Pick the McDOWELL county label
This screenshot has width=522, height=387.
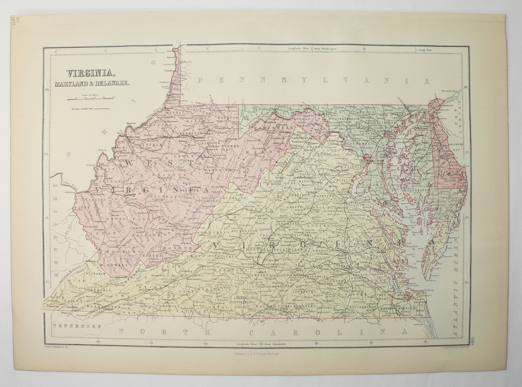pos(119,264)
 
